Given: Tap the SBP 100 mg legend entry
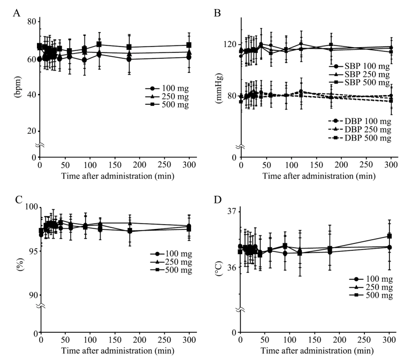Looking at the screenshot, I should point(358,66).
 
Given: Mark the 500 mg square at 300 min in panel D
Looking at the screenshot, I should point(390,236).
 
